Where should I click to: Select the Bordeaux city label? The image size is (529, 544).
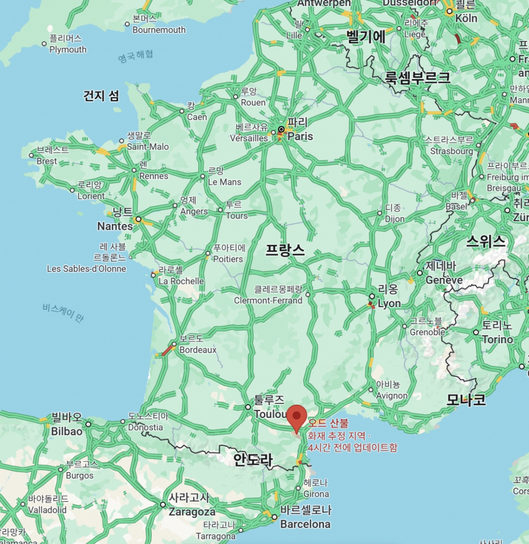198,350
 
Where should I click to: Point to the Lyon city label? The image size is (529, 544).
389,303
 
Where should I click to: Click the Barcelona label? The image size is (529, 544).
305,524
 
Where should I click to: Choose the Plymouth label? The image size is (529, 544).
68,49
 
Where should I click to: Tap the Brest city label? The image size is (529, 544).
47,161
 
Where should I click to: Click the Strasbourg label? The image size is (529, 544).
451,151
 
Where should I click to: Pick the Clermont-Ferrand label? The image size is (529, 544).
268,300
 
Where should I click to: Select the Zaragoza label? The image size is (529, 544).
192,512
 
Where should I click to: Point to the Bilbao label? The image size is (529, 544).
67,431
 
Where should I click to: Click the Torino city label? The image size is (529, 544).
497,339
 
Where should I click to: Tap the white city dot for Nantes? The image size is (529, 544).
138,219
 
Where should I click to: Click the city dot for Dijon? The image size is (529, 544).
380,213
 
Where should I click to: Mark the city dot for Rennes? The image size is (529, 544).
134,170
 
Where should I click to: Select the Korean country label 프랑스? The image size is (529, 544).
285,250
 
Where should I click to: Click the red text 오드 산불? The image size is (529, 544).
328,423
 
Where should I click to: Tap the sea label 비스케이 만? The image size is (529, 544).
63,312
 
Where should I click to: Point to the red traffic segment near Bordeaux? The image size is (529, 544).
168,350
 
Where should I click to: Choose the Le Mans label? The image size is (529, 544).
224,182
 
